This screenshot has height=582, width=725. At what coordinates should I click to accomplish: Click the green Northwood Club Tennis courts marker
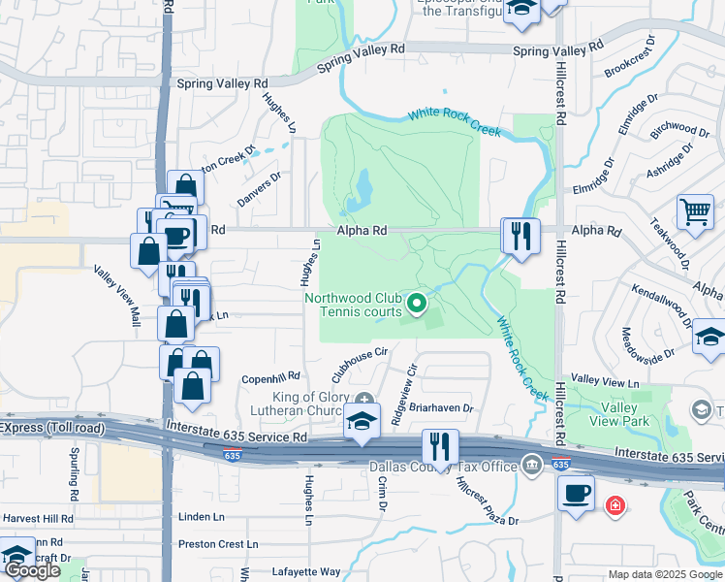418,304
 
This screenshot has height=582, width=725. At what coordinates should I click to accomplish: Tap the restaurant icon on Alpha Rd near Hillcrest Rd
520,235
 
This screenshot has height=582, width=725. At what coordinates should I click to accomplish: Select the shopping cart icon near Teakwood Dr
694,211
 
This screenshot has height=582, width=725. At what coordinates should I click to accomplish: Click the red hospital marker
615,505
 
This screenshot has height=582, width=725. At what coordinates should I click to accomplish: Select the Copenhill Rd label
271,376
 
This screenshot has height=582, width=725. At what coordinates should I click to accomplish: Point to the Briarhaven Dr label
440,408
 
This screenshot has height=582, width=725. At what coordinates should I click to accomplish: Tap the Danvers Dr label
259,190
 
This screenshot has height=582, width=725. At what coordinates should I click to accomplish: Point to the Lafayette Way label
304,572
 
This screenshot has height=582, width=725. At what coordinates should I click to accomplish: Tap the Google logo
31,571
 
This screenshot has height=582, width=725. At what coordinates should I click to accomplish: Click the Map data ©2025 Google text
664,574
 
